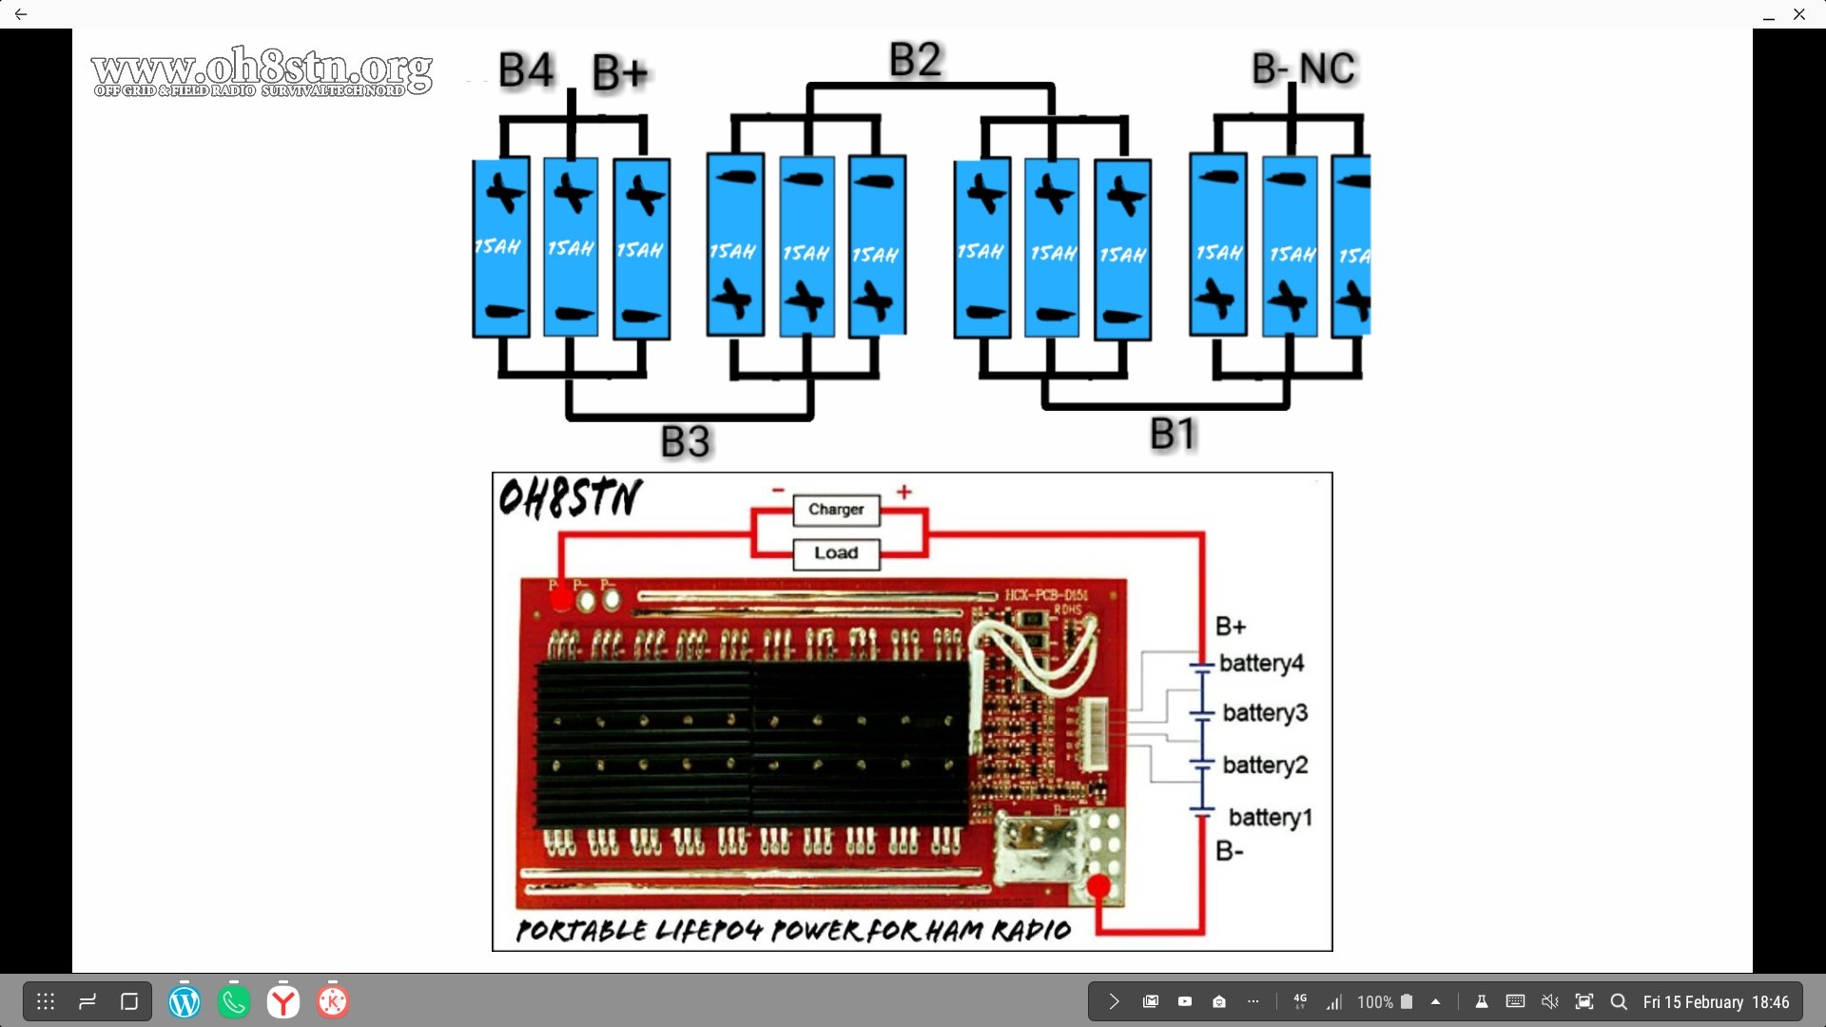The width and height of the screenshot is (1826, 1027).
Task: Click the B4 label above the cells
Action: [525, 70]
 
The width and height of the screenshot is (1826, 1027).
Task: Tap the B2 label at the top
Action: [915, 60]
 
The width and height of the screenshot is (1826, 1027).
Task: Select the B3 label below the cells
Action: [685, 442]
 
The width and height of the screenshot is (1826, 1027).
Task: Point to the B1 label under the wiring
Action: [1172, 435]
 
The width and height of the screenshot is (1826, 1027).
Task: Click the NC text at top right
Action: [1327, 68]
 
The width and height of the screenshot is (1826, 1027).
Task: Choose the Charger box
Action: [836, 510]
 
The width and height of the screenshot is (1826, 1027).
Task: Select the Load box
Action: [836, 553]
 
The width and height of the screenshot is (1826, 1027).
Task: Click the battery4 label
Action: [1261, 663]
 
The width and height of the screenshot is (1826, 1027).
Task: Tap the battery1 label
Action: [1270, 817]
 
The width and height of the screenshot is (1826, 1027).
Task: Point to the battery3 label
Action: [1265, 712]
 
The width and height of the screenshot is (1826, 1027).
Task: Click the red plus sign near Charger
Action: [903, 492]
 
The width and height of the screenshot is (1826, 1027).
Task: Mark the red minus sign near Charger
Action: [778, 491]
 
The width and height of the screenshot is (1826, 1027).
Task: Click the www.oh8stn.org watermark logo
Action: [262, 71]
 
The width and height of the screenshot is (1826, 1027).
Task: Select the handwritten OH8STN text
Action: [570, 497]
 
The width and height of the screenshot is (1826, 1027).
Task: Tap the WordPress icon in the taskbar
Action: [185, 1001]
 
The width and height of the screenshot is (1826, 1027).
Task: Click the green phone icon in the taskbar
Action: [234, 1001]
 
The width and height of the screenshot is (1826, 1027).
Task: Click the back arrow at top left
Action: [21, 14]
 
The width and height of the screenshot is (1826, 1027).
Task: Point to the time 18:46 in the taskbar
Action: [1770, 1002]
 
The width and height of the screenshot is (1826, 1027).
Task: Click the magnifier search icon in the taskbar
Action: [1618, 1001]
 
